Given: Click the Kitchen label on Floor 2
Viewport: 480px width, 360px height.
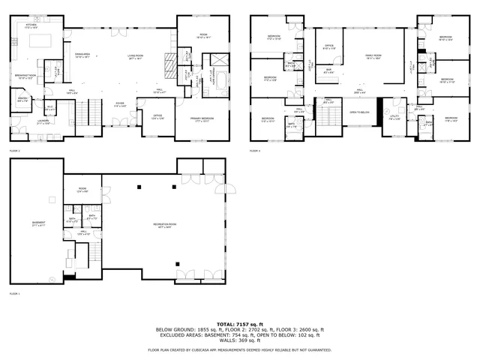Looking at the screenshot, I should pos(31,26).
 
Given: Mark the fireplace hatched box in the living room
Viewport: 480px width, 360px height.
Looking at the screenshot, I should pos(169,61).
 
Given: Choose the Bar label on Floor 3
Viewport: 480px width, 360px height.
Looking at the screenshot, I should pos(328,71).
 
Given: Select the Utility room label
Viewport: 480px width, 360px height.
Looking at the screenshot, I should pos(394,118).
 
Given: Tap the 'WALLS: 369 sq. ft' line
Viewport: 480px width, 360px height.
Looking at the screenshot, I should pos(239,342).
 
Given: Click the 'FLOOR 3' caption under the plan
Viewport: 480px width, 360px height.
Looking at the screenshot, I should pos(255,151).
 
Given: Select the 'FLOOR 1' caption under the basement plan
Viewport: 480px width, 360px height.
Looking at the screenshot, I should pos(14,293).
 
